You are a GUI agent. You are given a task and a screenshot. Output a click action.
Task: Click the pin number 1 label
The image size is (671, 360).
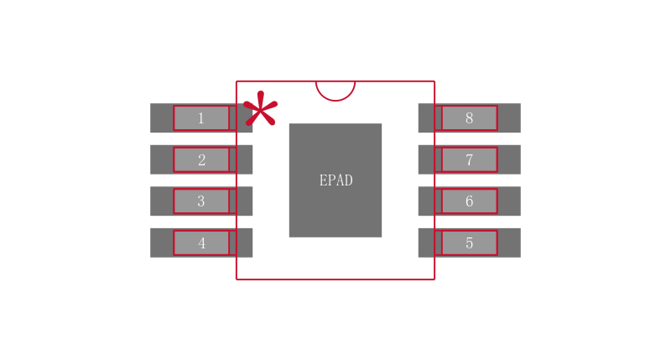201,118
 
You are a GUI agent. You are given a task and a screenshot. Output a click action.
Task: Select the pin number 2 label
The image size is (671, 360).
201,160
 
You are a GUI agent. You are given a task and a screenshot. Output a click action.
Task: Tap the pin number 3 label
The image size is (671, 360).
201,201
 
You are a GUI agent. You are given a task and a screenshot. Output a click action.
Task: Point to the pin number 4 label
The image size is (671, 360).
201,243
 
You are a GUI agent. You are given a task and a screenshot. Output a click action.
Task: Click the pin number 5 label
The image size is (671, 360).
469,243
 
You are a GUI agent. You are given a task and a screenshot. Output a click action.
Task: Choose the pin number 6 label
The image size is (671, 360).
469,201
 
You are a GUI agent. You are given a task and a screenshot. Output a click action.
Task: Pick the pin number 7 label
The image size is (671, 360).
469,160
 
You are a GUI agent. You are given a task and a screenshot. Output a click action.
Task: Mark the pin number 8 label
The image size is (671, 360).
469,118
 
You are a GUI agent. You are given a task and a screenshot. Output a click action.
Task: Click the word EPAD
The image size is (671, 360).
335,180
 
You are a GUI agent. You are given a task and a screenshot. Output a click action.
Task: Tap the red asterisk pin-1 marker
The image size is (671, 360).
260,110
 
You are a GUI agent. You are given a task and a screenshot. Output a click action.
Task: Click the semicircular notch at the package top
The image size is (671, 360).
335,90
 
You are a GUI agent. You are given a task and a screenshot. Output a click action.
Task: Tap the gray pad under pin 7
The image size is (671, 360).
509,159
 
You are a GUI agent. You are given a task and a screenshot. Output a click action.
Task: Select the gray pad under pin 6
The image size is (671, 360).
509,201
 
